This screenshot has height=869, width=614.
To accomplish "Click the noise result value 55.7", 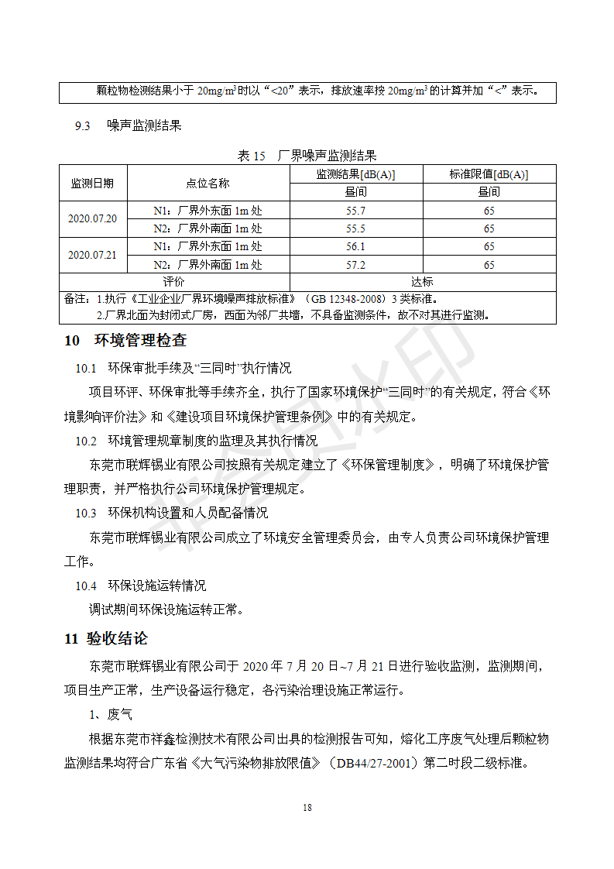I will pyautogui.click(x=356, y=211).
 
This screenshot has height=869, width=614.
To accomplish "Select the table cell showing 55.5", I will pyautogui.click(x=356, y=228).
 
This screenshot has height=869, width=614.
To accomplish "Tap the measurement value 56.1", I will pyautogui.click(x=356, y=246).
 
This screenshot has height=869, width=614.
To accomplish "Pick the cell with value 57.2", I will pyautogui.click(x=356, y=264).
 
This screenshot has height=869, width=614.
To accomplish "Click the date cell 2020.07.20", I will pyautogui.click(x=92, y=219).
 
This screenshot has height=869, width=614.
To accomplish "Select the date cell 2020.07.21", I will pyautogui.click(x=92, y=255).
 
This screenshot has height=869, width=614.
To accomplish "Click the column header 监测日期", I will pyautogui.click(x=92, y=184).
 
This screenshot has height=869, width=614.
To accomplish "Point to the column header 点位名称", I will pyautogui.click(x=208, y=184).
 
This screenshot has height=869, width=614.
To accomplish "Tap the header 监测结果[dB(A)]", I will pyautogui.click(x=356, y=174).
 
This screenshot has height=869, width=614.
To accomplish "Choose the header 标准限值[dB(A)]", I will pyautogui.click(x=489, y=174).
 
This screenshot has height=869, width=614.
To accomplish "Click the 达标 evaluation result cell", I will pyautogui.click(x=423, y=282).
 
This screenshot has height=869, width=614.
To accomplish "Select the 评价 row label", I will pyautogui.click(x=174, y=282).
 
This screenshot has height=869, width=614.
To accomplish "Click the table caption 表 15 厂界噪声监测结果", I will pyautogui.click(x=307, y=156).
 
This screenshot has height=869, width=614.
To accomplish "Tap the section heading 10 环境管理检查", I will pyautogui.click(x=125, y=341).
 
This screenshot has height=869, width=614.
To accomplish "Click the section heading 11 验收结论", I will pyautogui.click(x=106, y=639).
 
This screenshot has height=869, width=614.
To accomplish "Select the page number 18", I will pyautogui.click(x=307, y=808).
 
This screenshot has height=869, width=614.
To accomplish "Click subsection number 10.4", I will pyautogui.click(x=85, y=586).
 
